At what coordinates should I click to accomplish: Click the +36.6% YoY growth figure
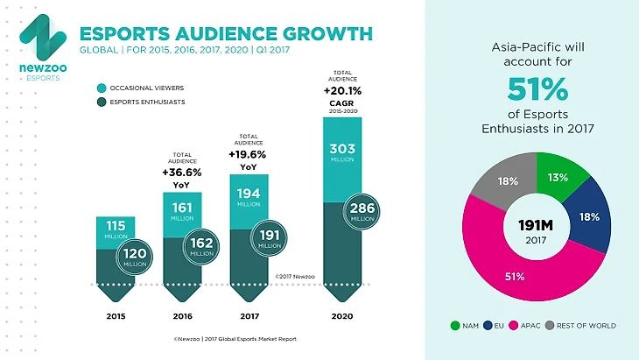(x=182, y=173)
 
